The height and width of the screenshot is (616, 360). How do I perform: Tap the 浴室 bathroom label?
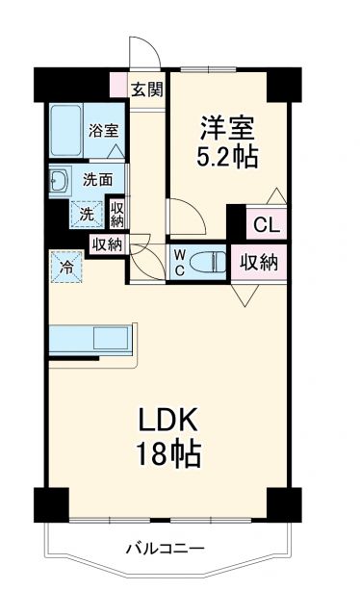[102, 131]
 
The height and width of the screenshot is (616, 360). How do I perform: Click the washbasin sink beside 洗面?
[57, 180]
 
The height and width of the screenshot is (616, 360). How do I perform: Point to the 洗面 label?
[96, 179]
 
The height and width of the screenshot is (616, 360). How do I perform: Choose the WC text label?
[179, 262]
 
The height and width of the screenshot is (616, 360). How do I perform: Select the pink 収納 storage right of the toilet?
[259, 262]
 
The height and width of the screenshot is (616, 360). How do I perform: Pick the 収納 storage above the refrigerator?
[107, 244]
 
